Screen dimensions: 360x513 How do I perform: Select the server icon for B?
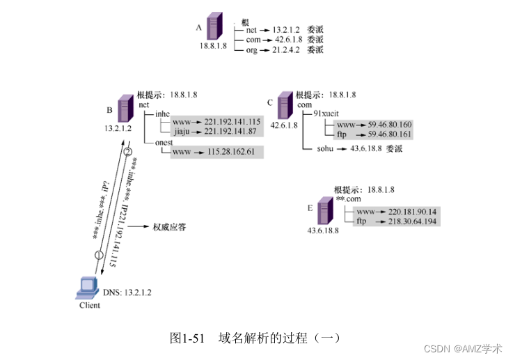click(x=126, y=109)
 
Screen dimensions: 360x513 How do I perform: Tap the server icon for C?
click(x=284, y=109)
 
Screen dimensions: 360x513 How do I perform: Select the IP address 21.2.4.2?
click(x=285, y=50)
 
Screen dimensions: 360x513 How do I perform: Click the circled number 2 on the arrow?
click(x=127, y=152)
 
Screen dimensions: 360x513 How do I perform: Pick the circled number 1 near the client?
click(x=99, y=255)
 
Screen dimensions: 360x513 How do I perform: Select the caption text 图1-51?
click(x=188, y=338)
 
